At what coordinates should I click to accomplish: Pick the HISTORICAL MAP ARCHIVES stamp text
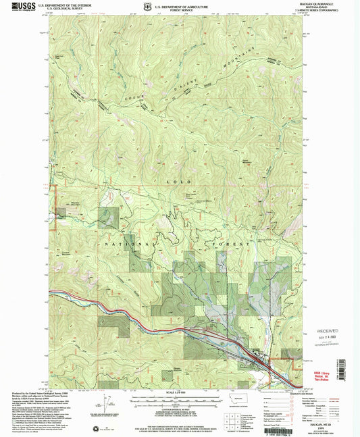tap(330, 344)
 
